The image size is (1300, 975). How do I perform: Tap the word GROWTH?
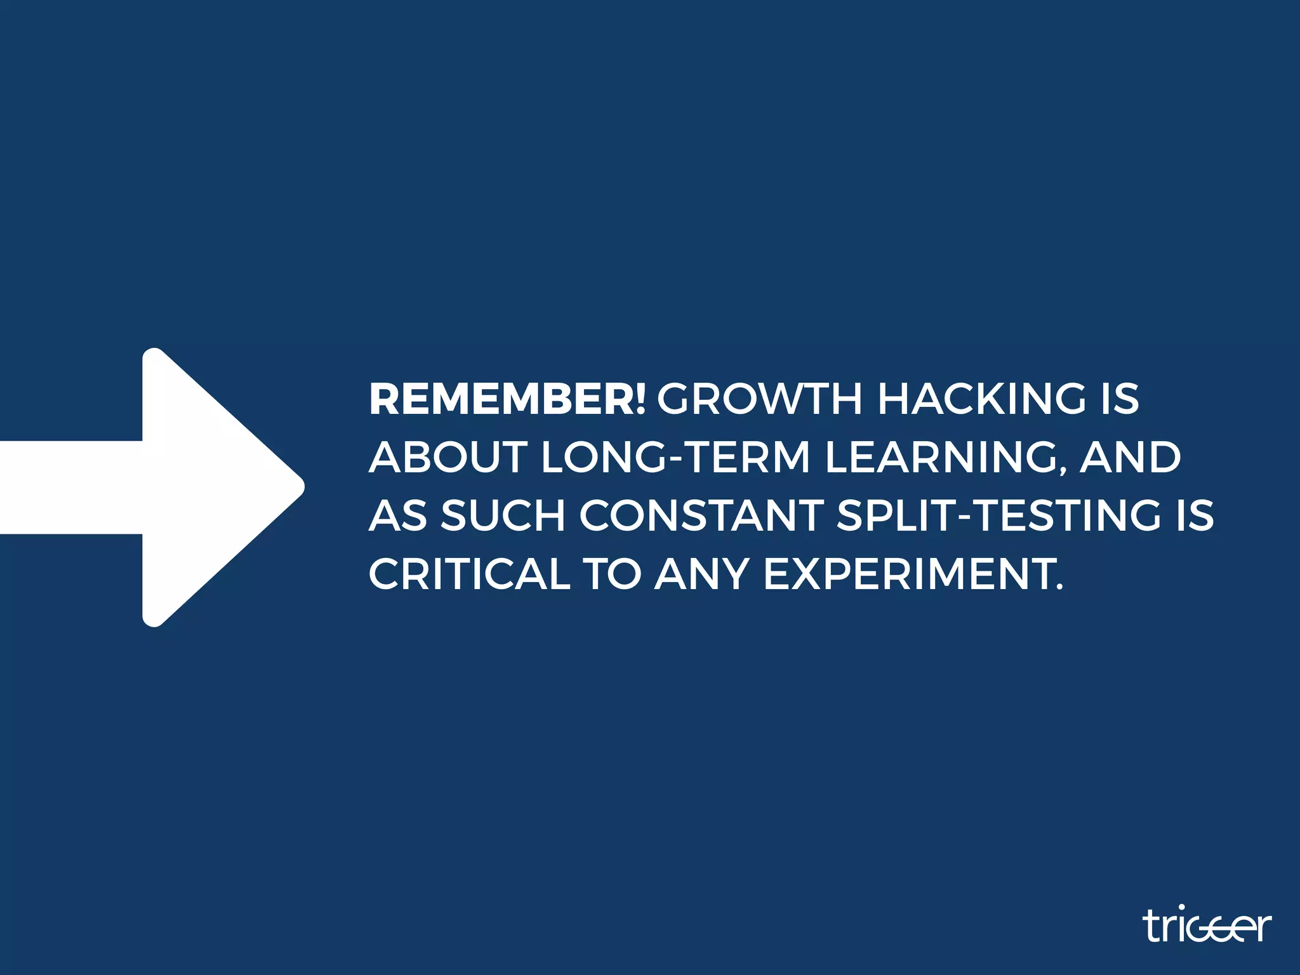tap(759, 399)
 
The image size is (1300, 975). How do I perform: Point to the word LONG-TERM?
tap(675, 457)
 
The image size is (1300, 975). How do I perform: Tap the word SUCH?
tap(503, 515)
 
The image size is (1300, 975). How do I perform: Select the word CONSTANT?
tap(701, 515)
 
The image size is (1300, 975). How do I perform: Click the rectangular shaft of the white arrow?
tap(70, 487)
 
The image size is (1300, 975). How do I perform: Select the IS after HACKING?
tap(1120, 399)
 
